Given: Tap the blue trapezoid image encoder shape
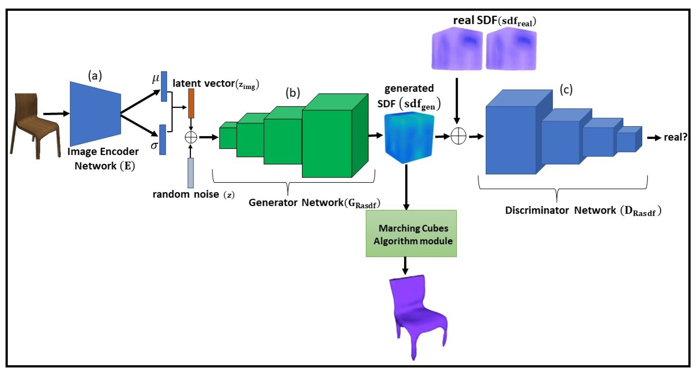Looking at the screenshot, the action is pyautogui.click(x=95, y=114).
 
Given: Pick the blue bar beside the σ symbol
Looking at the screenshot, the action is pyautogui.click(x=163, y=140).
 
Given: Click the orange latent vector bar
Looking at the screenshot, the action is pyautogui.click(x=191, y=103).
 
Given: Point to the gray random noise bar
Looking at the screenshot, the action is pyautogui.click(x=191, y=173).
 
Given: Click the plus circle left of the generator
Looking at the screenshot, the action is pyautogui.click(x=191, y=137).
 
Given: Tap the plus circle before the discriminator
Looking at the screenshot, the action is pyautogui.click(x=458, y=137).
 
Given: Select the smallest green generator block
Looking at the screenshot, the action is pyautogui.click(x=228, y=135).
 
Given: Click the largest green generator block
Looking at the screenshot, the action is pyautogui.click(x=335, y=135).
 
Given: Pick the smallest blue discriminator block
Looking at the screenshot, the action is pyautogui.click(x=630, y=139).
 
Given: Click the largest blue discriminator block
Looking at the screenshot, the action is pyautogui.click(x=519, y=132).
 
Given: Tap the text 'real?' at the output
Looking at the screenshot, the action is pyautogui.click(x=676, y=137).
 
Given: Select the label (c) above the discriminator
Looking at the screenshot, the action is pyautogui.click(x=566, y=90).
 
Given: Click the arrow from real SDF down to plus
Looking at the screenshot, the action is pyautogui.click(x=457, y=101).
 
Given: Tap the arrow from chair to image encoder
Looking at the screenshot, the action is pyautogui.click(x=56, y=114).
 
